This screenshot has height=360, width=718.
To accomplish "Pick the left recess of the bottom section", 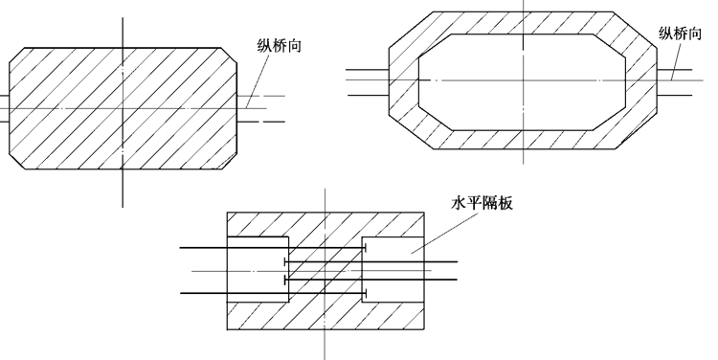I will [x=257, y=270].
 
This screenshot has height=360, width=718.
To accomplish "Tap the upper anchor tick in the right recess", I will [x=366, y=249].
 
